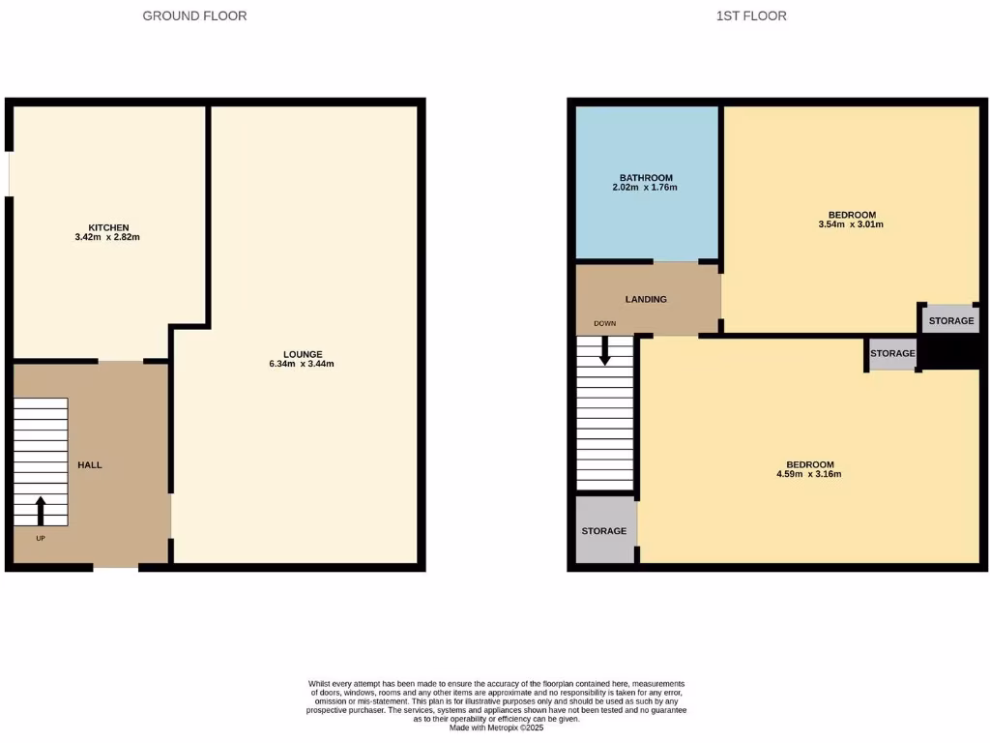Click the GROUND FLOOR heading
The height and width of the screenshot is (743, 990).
[x=194, y=15]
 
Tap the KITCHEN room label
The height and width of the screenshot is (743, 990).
[x=109, y=227]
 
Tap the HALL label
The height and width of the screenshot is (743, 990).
[x=90, y=465]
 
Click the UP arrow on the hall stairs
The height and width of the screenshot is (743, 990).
[x=41, y=510]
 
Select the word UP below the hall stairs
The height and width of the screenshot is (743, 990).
[x=41, y=538]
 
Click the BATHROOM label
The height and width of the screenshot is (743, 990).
[x=646, y=178]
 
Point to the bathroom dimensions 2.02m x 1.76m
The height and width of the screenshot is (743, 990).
[x=645, y=188]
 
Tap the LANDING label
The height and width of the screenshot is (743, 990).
[x=646, y=300]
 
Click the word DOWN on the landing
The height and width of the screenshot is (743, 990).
[x=605, y=324]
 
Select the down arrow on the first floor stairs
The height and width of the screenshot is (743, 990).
[x=605, y=350]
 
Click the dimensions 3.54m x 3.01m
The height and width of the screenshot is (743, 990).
[x=851, y=224]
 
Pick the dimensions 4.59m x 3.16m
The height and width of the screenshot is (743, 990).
[x=809, y=475]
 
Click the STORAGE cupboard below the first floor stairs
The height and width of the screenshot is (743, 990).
[x=604, y=531]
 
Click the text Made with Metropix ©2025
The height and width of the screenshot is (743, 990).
[x=497, y=728]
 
